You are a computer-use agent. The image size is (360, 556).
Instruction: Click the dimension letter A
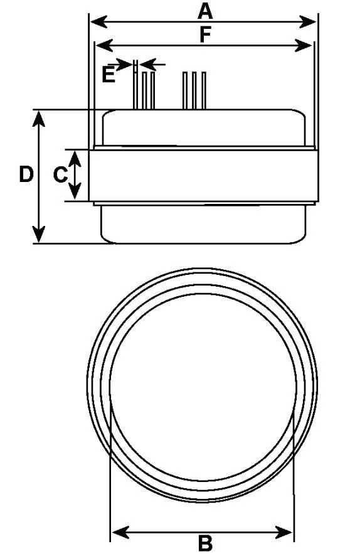[205, 11]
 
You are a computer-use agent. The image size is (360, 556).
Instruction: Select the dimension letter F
[205, 35]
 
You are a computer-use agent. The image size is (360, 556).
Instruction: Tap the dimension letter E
[109, 75]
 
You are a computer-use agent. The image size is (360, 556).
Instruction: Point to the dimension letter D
[26, 174]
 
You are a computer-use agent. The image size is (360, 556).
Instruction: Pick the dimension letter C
[60, 175]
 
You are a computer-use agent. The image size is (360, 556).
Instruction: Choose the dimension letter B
[205, 543]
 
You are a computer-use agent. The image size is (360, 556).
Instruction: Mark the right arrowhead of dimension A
[307, 21]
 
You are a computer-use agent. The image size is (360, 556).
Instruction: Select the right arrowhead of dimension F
[304, 45]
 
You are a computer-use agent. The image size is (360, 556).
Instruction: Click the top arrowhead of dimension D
[39, 119]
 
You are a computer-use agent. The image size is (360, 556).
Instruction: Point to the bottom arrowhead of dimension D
[39, 234]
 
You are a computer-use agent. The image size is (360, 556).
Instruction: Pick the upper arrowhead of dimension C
[75, 159]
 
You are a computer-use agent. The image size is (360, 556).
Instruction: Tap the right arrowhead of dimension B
[284, 532]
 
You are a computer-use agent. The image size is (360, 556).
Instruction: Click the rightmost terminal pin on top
[204, 90]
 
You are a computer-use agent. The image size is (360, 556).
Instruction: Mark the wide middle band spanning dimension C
[204, 176]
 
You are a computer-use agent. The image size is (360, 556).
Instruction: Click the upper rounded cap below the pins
[204, 127]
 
